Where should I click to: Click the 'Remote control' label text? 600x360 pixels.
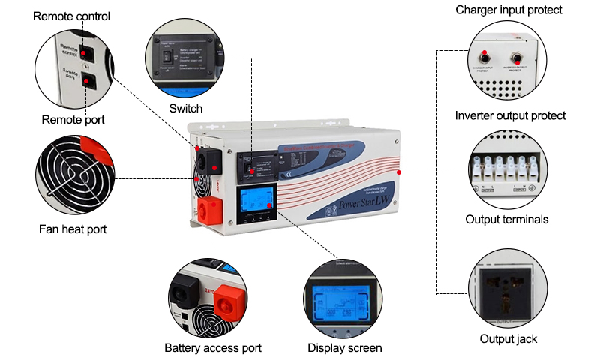(x=71, y=16)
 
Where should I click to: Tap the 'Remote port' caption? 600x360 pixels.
(x=73, y=120)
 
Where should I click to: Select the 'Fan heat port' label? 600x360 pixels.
(x=73, y=229)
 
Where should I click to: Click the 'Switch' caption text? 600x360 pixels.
(x=185, y=109)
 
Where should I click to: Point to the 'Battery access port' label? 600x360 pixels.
(x=213, y=348)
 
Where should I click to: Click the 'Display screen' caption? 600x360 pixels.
(x=345, y=348)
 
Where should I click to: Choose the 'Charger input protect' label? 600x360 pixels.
(x=509, y=10)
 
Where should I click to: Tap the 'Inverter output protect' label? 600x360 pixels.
(x=510, y=115)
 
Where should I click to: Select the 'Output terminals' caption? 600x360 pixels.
(x=507, y=220)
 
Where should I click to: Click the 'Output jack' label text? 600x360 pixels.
(x=508, y=339)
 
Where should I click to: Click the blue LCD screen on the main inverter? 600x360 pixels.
(x=253, y=200)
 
